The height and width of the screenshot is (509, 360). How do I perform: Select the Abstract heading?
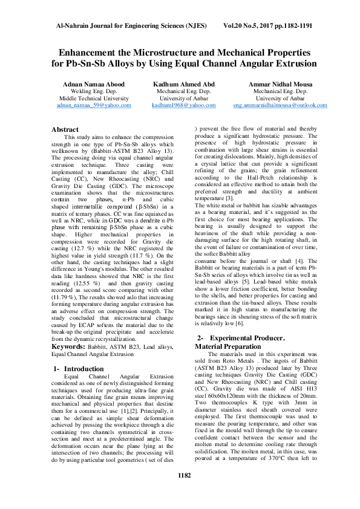click(x=65, y=129)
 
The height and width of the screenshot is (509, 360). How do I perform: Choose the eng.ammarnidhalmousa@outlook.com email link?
click(x=280, y=105)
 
